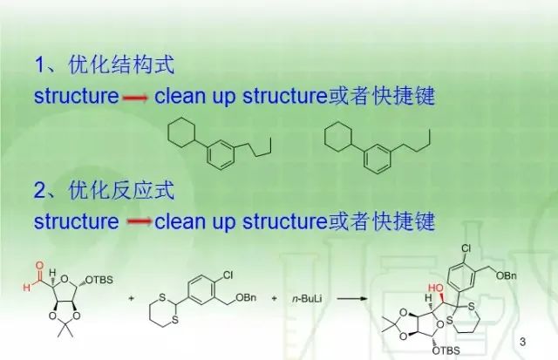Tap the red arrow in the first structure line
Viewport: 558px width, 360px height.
click(136, 98)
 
